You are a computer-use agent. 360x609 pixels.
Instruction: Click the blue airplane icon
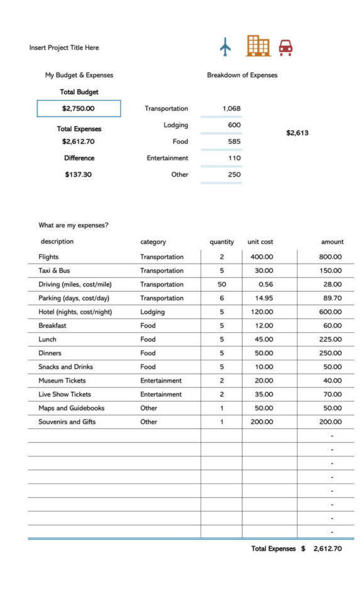[226, 46]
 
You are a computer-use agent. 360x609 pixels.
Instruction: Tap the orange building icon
[258, 45]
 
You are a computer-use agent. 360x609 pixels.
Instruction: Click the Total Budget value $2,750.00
[79, 109]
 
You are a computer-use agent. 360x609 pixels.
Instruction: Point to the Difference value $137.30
[78, 175]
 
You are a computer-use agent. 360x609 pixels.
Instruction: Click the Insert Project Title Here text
[64, 48]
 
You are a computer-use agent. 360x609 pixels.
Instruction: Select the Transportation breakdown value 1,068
[231, 109]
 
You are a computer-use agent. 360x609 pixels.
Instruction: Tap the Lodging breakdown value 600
[234, 125]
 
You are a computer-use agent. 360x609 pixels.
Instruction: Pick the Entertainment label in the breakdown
[167, 158]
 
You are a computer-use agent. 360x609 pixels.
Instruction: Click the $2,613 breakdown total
[297, 133]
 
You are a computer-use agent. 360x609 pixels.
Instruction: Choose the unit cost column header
[260, 242]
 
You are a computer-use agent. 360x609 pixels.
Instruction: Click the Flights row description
[48, 257]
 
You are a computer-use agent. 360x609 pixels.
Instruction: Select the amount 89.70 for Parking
[330, 298]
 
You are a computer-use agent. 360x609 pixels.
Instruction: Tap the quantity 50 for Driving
[222, 284]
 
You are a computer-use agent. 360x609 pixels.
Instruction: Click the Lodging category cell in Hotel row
[152, 312]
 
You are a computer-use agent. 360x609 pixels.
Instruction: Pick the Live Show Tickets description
[65, 394]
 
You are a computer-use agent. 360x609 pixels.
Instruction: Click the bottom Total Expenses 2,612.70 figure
[327, 549]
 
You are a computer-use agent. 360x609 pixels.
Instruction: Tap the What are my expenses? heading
[74, 225]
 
